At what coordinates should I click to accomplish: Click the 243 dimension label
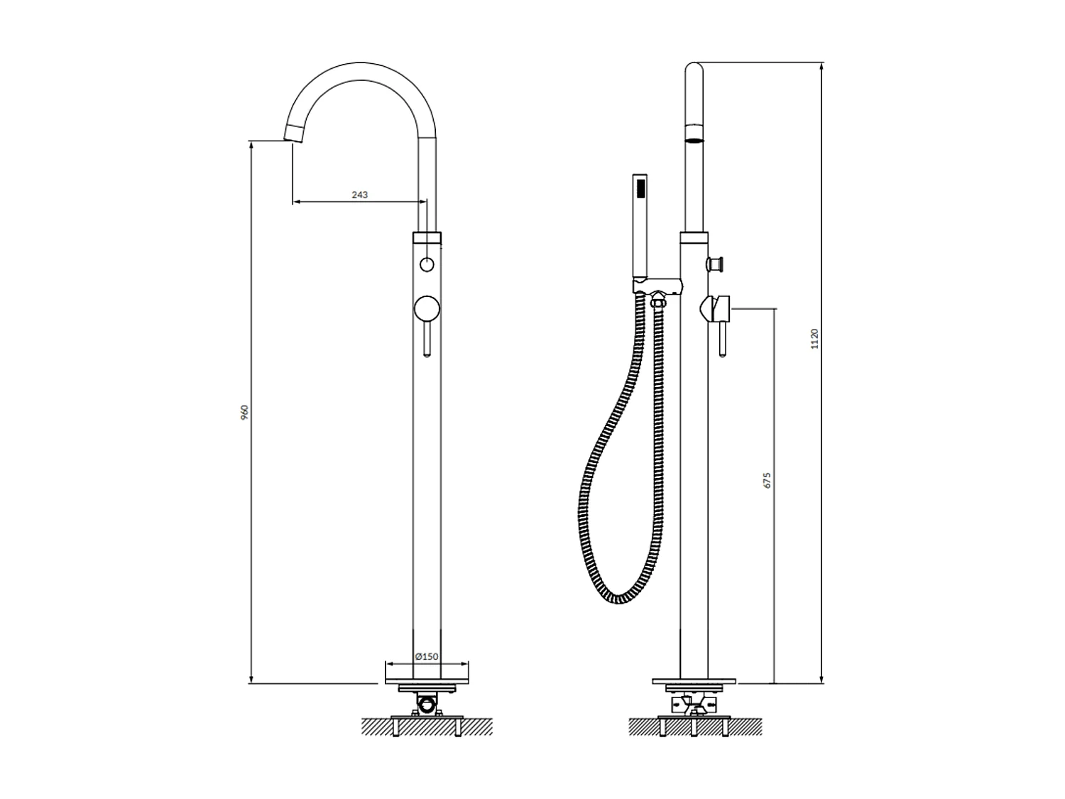point(359,195)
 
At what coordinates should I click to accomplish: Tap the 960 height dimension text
point(245,412)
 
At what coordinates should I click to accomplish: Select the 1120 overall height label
point(814,338)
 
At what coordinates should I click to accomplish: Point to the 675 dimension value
point(767,480)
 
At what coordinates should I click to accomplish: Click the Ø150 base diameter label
point(427,656)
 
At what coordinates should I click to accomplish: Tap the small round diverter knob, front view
point(427,265)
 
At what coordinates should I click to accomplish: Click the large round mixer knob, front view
point(427,308)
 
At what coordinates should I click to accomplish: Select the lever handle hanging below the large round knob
point(427,339)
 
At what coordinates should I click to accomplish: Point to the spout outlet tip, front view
point(293,134)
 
